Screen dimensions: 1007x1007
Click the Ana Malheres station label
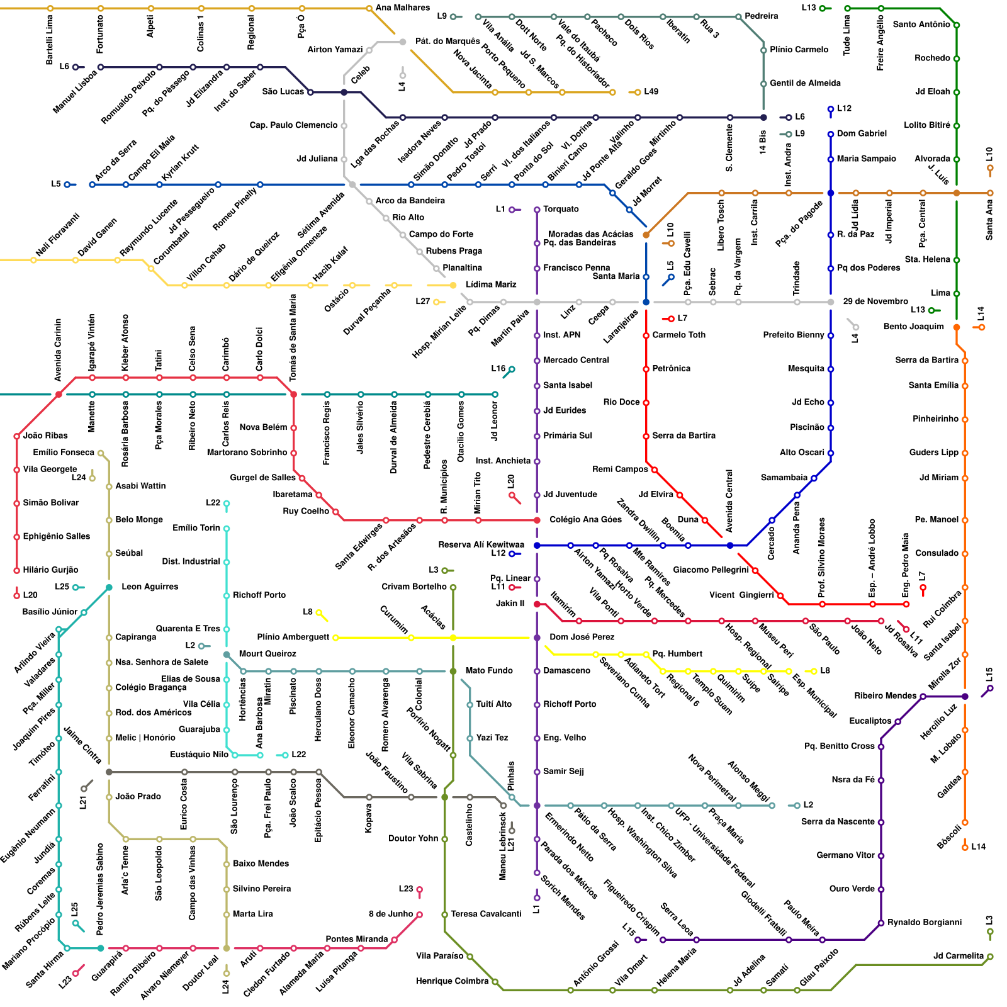(x=402, y=8)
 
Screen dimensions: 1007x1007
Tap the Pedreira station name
(x=761, y=16)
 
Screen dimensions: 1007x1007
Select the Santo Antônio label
(x=921, y=25)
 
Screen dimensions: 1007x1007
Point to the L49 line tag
(x=651, y=92)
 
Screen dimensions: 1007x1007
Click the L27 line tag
(x=422, y=301)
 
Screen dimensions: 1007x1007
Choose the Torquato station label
(x=561, y=210)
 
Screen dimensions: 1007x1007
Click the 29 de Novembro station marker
(x=831, y=302)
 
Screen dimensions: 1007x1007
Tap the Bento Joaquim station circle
(x=957, y=327)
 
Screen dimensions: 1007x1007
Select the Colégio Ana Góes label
(x=585, y=520)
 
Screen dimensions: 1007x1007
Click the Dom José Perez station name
(x=582, y=638)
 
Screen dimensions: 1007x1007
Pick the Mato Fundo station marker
(x=453, y=672)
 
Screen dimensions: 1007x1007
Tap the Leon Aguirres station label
(x=150, y=587)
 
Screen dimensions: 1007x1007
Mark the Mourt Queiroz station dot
(x=227, y=655)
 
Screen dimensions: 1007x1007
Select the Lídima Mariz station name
(x=491, y=285)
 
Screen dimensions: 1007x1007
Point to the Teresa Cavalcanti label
(x=486, y=914)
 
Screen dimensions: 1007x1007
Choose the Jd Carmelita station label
(x=958, y=957)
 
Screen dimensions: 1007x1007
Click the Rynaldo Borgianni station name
(x=925, y=923)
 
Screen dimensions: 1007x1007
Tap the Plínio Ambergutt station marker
(x=335, y=638)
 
